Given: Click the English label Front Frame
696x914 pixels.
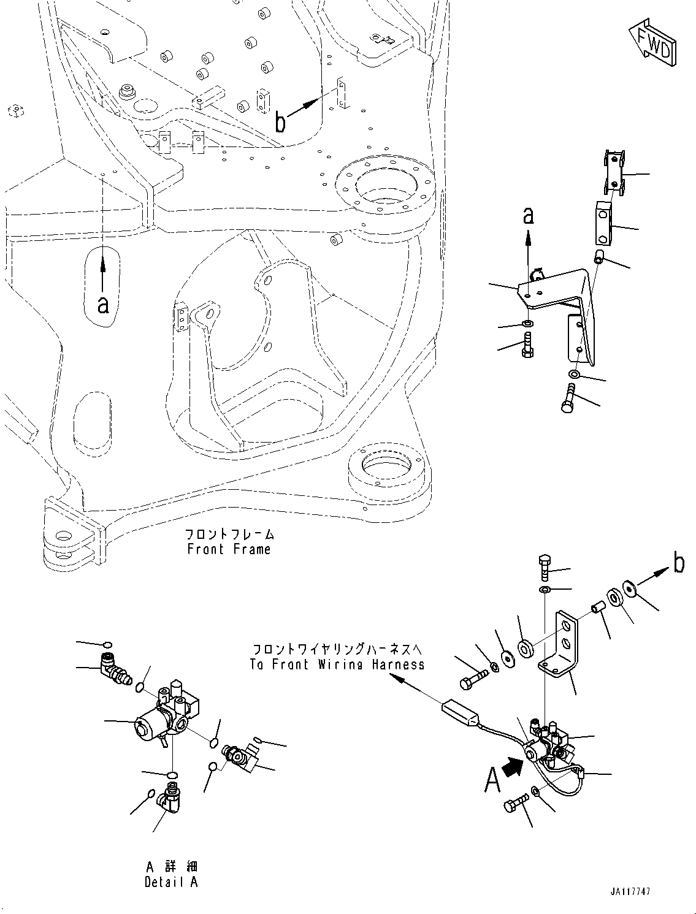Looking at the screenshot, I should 229,549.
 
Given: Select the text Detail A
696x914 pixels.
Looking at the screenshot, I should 171,882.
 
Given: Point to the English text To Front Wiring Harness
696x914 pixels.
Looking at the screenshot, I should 337,664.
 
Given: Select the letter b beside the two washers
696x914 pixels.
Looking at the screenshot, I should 678,563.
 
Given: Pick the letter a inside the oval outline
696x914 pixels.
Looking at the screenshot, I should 103,303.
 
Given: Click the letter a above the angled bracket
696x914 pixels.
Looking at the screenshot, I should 528,216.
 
